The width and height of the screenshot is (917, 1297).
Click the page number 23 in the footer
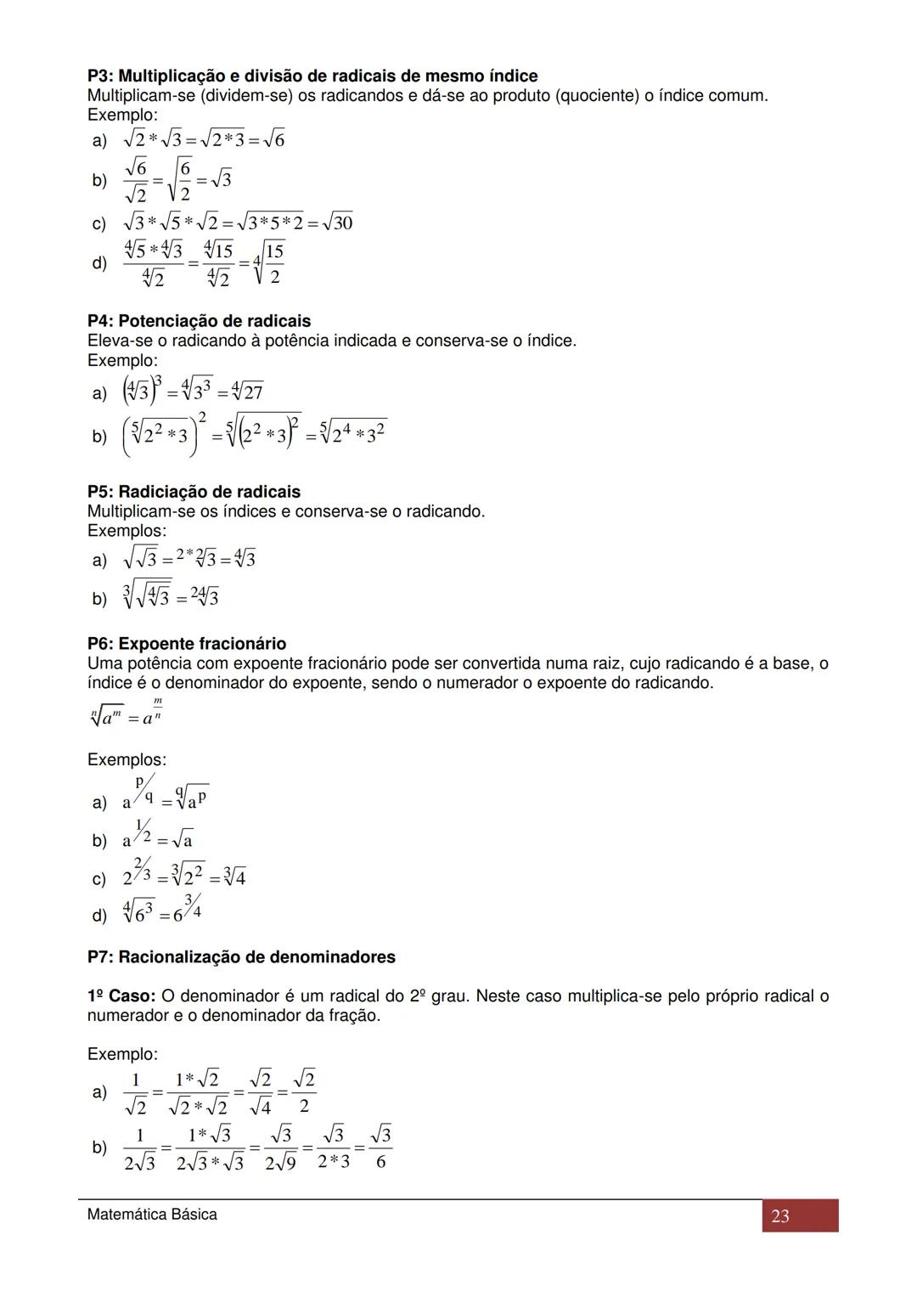tap(780, 1216)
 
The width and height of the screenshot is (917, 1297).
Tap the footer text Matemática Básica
tap(152, 1215)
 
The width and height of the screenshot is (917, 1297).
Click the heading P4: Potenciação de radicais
tap(199, 321)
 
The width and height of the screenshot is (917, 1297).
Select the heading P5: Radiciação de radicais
tap(194, 492)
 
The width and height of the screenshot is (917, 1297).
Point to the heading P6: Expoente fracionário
tap(187, 644)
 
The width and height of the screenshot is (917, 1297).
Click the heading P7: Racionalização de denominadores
tap(241, 957)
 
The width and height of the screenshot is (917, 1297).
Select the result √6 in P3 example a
tap(274, 140)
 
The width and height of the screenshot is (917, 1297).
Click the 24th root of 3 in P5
tap(205, 597)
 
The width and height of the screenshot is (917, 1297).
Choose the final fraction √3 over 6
tap(380, 1148)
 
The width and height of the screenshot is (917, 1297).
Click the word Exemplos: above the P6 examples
tap(127, 759)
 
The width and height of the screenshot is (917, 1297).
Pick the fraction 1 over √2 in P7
tap(135, 1092)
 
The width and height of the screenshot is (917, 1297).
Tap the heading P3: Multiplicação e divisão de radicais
tap(312, 76)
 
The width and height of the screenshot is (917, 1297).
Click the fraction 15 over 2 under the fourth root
tap(274, 263)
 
